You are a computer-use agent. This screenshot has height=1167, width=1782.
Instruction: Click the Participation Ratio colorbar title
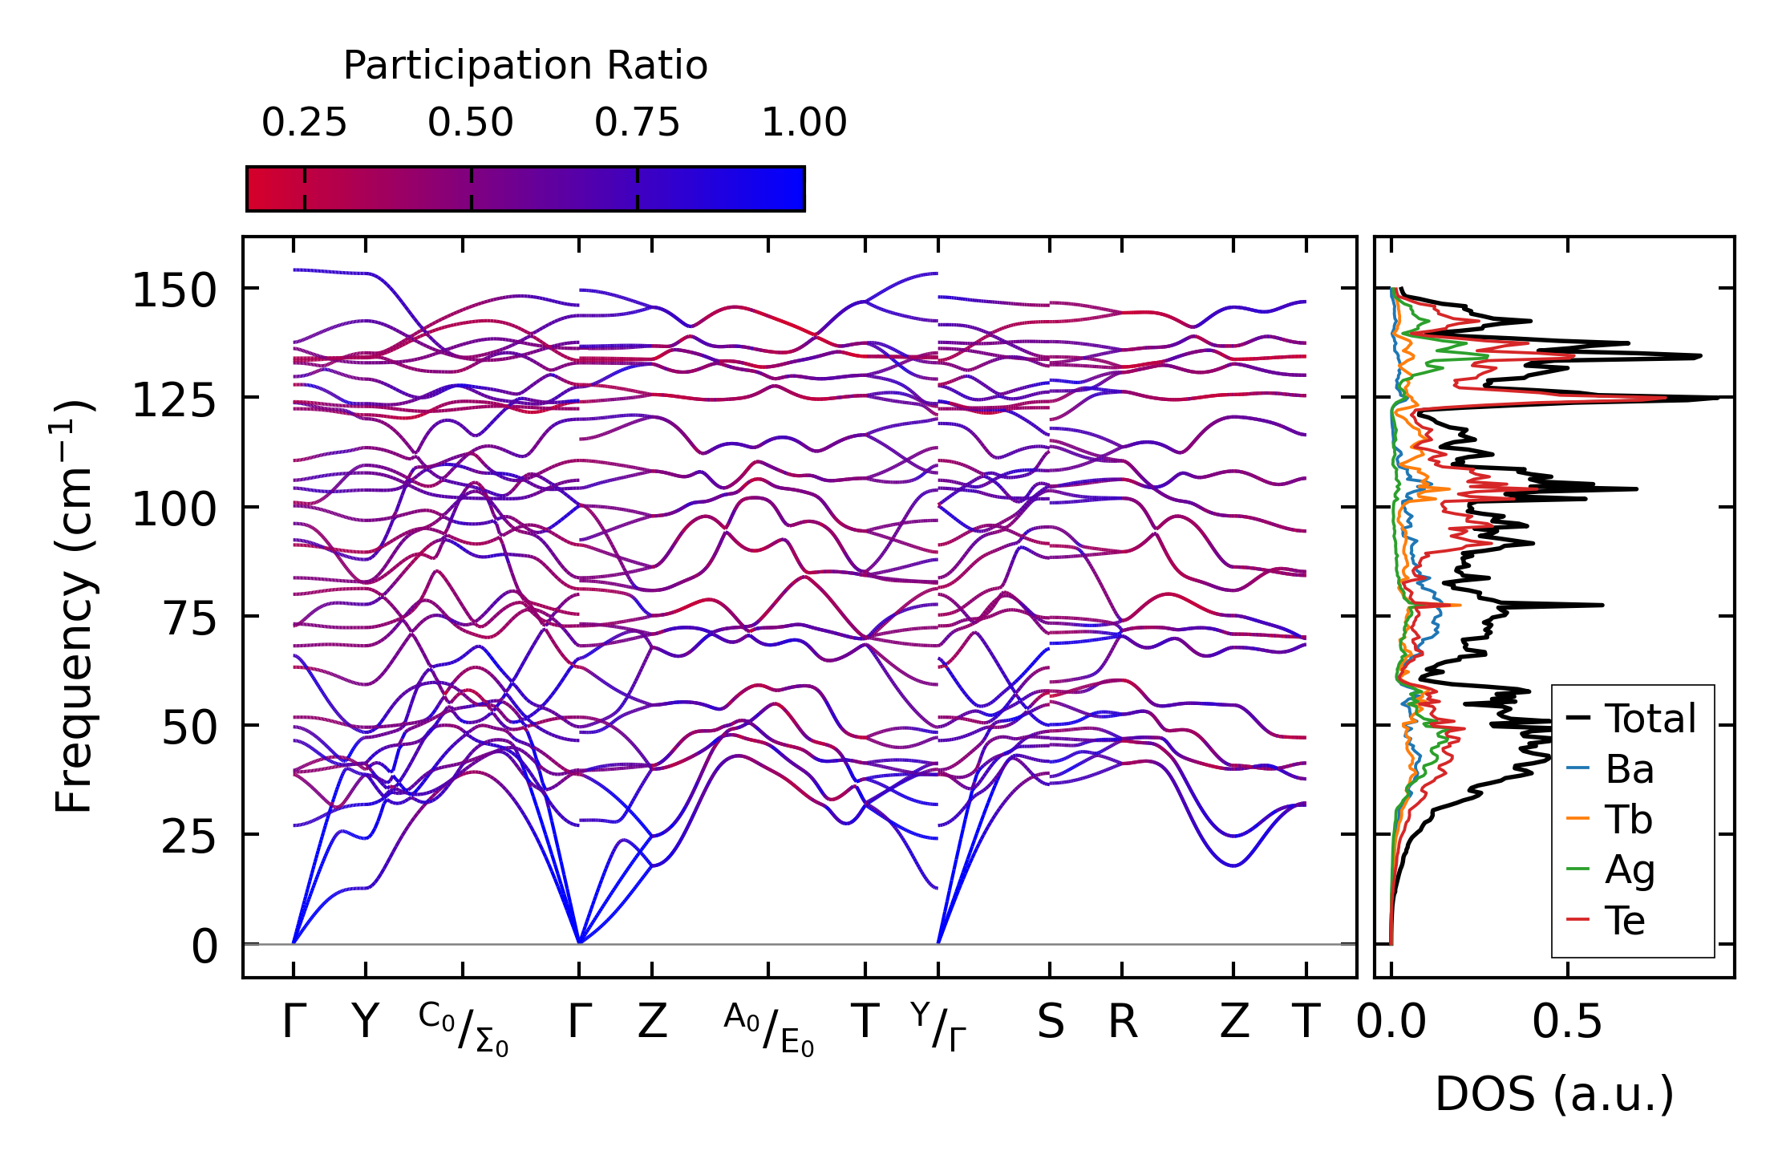pyautogui.click(x=525, y=66)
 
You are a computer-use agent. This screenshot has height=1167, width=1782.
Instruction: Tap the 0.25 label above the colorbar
pyautogui.click(x=304, y=124)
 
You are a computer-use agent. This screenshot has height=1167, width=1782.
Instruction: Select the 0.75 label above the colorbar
pyautogui.click(x=637, y=124)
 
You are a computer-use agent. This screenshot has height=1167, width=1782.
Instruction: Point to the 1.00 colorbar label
pyautogui.click(x=804, y=124)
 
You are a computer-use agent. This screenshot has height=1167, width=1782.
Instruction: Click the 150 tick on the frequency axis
pyautogui.click(x=174, y=290)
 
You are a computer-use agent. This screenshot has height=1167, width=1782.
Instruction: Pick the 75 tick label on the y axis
pyautogui.click(x=189, y=619)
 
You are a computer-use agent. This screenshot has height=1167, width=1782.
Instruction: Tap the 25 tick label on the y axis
pyautogui.click(x=189, y=838)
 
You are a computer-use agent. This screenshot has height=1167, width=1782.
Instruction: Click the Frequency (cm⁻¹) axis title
pyautogui.click(x=75, y=606)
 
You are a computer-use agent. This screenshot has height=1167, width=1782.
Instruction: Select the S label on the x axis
pyautogui.click(x=1051, y=1023)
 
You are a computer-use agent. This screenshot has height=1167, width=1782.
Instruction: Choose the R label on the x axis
pyautogui.click(x=1123, y=1023)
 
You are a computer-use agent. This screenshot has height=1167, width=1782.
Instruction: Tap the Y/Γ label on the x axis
pyautogui.click(x=938, y=1027)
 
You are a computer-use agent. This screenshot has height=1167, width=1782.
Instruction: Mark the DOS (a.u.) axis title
pyautogui.click(x=1554, y=1094)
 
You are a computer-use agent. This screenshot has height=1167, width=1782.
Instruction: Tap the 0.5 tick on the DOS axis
pyautogui.click(x=1567, y=1023)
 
